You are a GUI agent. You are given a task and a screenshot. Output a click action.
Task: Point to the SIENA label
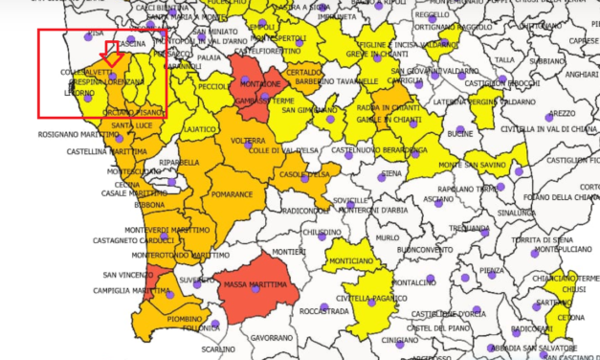pos(391,173)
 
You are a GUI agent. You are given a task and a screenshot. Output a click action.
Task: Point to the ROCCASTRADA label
pos(323,311)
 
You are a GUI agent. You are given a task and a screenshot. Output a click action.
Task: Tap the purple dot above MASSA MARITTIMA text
pos(245,272)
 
